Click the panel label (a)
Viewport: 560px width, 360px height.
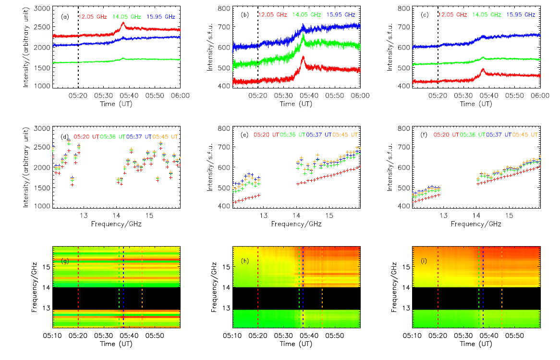65,16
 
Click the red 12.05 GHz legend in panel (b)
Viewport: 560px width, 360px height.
273,15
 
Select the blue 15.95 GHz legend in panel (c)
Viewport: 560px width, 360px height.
520,15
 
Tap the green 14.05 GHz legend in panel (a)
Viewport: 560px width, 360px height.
127,16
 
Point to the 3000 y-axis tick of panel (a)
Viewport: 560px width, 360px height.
41,9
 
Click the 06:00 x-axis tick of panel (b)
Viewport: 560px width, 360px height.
360,96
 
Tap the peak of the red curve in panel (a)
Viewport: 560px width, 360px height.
123,23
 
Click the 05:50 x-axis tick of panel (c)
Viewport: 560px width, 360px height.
515,96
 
